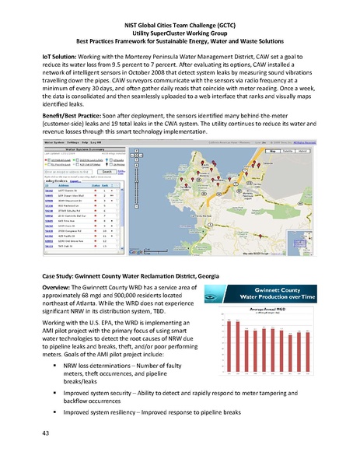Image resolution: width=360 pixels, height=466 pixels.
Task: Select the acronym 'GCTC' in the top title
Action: point(226,10)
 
